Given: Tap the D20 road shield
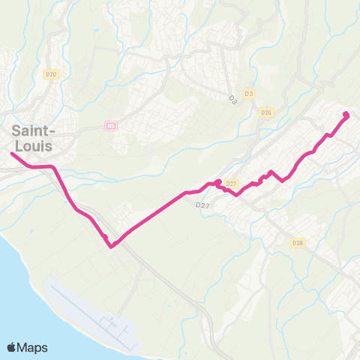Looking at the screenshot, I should (51, 73).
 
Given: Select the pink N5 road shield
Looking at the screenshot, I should (112, 125).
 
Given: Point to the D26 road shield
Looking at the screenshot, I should (265, 112).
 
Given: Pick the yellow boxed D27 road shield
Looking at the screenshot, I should (231, 184).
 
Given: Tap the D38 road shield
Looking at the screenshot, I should (298, 242).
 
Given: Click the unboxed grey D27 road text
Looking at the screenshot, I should (201, 204).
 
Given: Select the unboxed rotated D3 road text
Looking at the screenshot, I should (232, 98).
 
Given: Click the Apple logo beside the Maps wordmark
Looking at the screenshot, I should (12, 347).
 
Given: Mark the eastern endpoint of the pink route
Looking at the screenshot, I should (346, 115).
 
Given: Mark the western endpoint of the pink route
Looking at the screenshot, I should (12, 154).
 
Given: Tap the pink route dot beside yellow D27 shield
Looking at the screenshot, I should (218, 182).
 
